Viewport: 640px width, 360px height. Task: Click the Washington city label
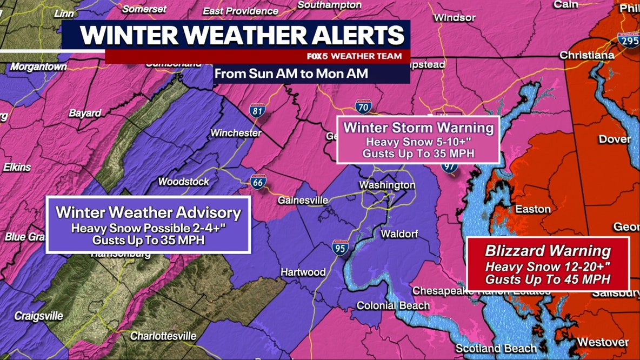(x=387, y=185)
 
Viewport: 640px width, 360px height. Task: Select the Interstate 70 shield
(x=363, y=107)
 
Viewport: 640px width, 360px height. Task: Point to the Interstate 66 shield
(x=258, y=182)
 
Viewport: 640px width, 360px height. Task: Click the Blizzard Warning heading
(x=548, y=251)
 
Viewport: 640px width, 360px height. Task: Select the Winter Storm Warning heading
(x=418, y=128)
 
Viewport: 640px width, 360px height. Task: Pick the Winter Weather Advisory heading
(x=148, y=211)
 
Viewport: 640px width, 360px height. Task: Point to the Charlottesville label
(x=163, y=336)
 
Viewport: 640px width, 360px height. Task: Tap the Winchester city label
(x=236, y=133)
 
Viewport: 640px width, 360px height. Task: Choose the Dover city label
(x=615, y=139)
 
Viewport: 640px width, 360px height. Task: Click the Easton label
(x=533, y=209)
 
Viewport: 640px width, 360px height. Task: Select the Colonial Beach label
(x=393, y=306)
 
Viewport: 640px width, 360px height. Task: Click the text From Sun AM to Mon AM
(x=291, y=74)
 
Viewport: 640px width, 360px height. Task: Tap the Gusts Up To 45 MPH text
(x=548, y=279)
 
